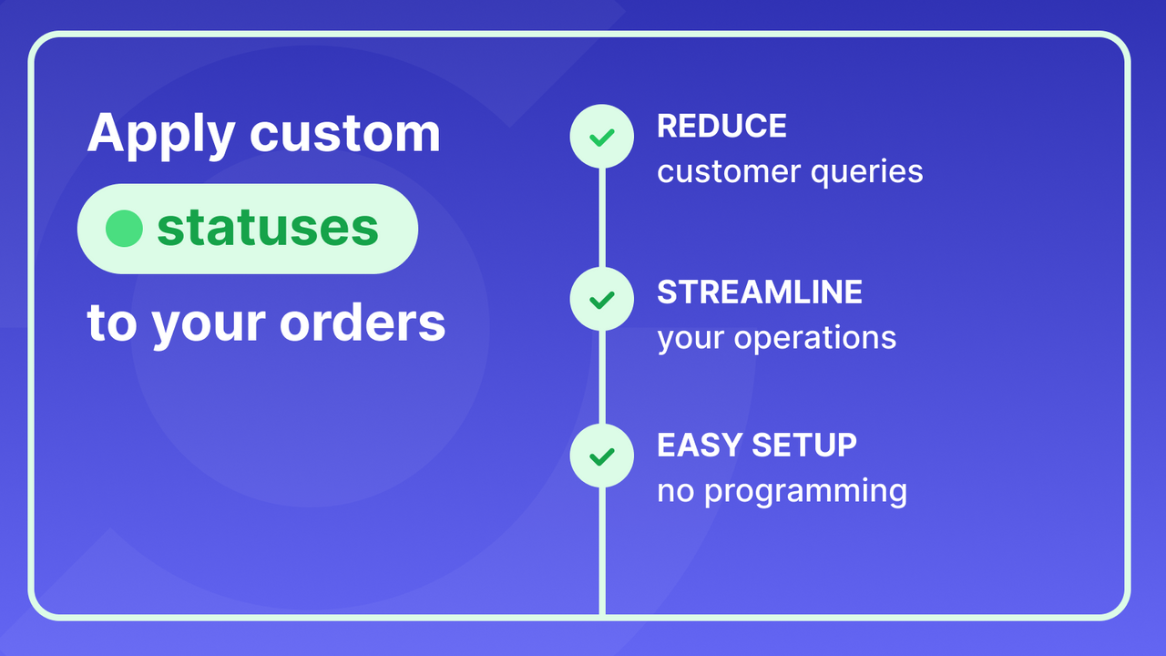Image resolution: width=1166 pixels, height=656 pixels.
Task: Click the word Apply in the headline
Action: [160, 134]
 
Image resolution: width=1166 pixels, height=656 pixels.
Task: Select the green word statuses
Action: [267, 229]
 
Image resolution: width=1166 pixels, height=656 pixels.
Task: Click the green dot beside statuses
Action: [124, 229]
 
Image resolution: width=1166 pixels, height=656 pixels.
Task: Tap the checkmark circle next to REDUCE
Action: [601, 137]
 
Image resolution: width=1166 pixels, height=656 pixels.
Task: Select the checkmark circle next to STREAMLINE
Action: [601, 299]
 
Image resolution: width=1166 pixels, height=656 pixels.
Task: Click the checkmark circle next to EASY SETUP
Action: [601, 456]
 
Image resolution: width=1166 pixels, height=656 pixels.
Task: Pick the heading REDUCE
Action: [721, 127]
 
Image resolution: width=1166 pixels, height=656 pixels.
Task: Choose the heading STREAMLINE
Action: [760, 292]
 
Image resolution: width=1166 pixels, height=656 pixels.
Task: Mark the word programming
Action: [805, 492]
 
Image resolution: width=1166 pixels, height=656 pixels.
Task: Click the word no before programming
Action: [676, 492]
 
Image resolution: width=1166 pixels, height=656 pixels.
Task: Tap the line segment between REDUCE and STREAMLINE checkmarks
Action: [601, 219]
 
